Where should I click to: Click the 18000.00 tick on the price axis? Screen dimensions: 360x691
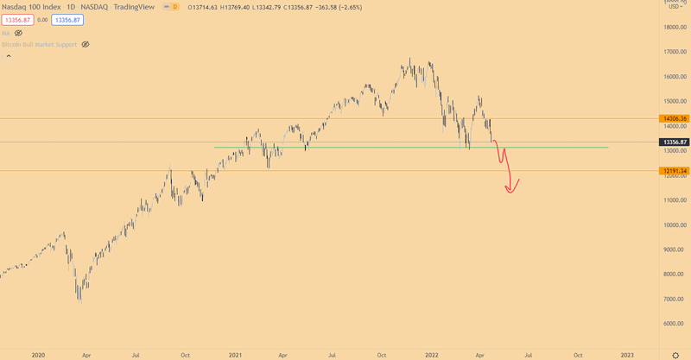(674, 27)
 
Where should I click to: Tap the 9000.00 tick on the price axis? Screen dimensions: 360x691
(674, 249)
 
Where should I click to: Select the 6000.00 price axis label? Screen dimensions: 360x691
(674, 324)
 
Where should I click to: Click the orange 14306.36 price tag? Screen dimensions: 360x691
(674, 118)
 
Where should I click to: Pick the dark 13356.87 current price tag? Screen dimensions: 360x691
(674, 142)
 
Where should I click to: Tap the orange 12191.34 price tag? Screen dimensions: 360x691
(674, 171)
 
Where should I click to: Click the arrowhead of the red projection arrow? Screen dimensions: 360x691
(510, 190)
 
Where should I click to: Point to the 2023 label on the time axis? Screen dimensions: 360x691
(627, 354)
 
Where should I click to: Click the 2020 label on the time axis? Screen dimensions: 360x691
(37, 354)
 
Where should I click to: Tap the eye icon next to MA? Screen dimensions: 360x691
(18, 33)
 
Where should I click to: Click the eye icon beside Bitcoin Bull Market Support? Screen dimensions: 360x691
(85, 44)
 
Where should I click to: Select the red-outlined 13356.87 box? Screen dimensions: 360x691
(17, 19)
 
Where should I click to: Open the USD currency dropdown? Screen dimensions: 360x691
(675, 8)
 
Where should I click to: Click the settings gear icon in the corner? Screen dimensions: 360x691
(675, 354)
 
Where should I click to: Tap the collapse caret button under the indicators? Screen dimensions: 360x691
(9, 55)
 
